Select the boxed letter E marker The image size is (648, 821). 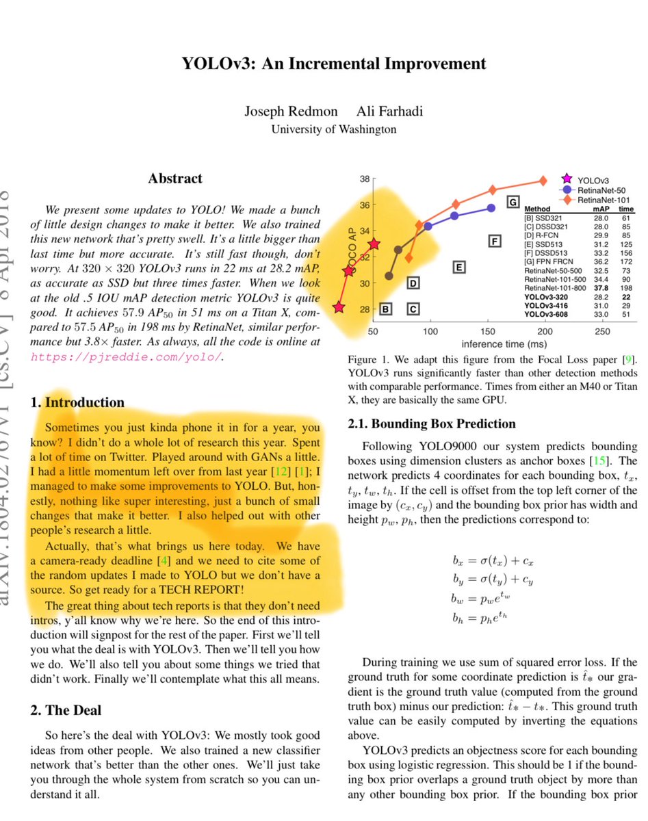click(460, 267)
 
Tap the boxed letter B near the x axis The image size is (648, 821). click(385, 309)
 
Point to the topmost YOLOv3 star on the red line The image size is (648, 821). click(374, 244)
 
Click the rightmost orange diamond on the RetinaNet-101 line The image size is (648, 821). click(543, 181)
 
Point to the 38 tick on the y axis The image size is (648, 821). click(363, 179)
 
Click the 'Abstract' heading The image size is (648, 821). click(175, 179)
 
